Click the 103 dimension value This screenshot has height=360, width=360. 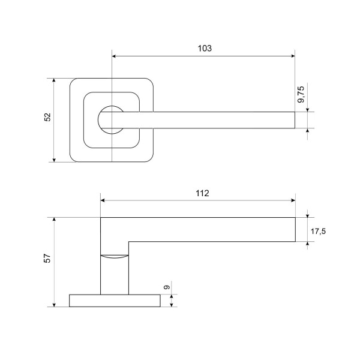click(x=205, y=48)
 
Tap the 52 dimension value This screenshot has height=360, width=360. click(x=48, y=118)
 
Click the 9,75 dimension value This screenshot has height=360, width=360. click(x=302, y=95)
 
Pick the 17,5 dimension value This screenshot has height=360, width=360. click(x=318, y=231)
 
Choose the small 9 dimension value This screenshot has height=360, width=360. click(x=168, y=289)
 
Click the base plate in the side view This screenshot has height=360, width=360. click(x=115, y=300)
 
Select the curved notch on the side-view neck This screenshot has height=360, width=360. click(x=115, y=256)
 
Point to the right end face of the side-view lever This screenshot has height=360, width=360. click(x=295, y=230)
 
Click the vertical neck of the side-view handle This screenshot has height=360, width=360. click(x=115, y=276)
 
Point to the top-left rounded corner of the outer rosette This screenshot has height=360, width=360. click(x=73, y=81)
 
